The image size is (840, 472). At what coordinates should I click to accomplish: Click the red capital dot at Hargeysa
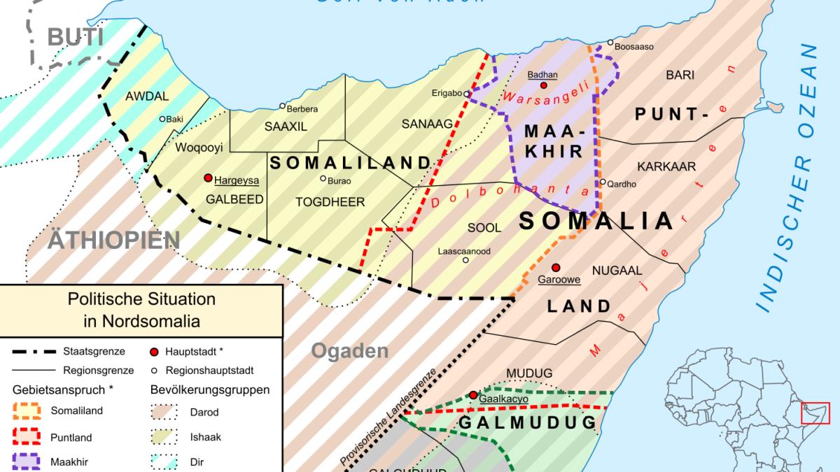pyautogui.click(x=208, y=178)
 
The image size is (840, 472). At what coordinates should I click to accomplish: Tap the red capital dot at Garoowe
pyautogui.click(x=556, y=267)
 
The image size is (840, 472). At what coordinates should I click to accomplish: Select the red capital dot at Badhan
pyautogui.click(x=543, y=85)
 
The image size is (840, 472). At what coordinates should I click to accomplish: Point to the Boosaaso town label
pyautogui.click(x=634, y=47)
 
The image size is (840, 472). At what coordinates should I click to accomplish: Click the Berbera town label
pyautogui.click(x=302, y=109)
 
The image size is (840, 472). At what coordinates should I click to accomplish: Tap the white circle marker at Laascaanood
pyautogui.click(x=465, y=260)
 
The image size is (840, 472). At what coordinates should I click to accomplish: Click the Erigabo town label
pyautogui.click(x=446, y=94)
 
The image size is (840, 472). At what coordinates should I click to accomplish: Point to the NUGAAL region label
pyautogui.click(x=617, y=269)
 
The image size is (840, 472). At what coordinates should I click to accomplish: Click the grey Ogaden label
pyautogui.click(x=349, y=351)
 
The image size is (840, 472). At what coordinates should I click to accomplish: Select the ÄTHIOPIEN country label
pyautogui.click(x=113, y=241)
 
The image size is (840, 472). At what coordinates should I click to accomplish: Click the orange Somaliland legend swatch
pyautogui.click(x=29, y=410)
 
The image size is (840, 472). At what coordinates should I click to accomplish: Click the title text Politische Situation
pyautogui.click(x=141, y=299)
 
